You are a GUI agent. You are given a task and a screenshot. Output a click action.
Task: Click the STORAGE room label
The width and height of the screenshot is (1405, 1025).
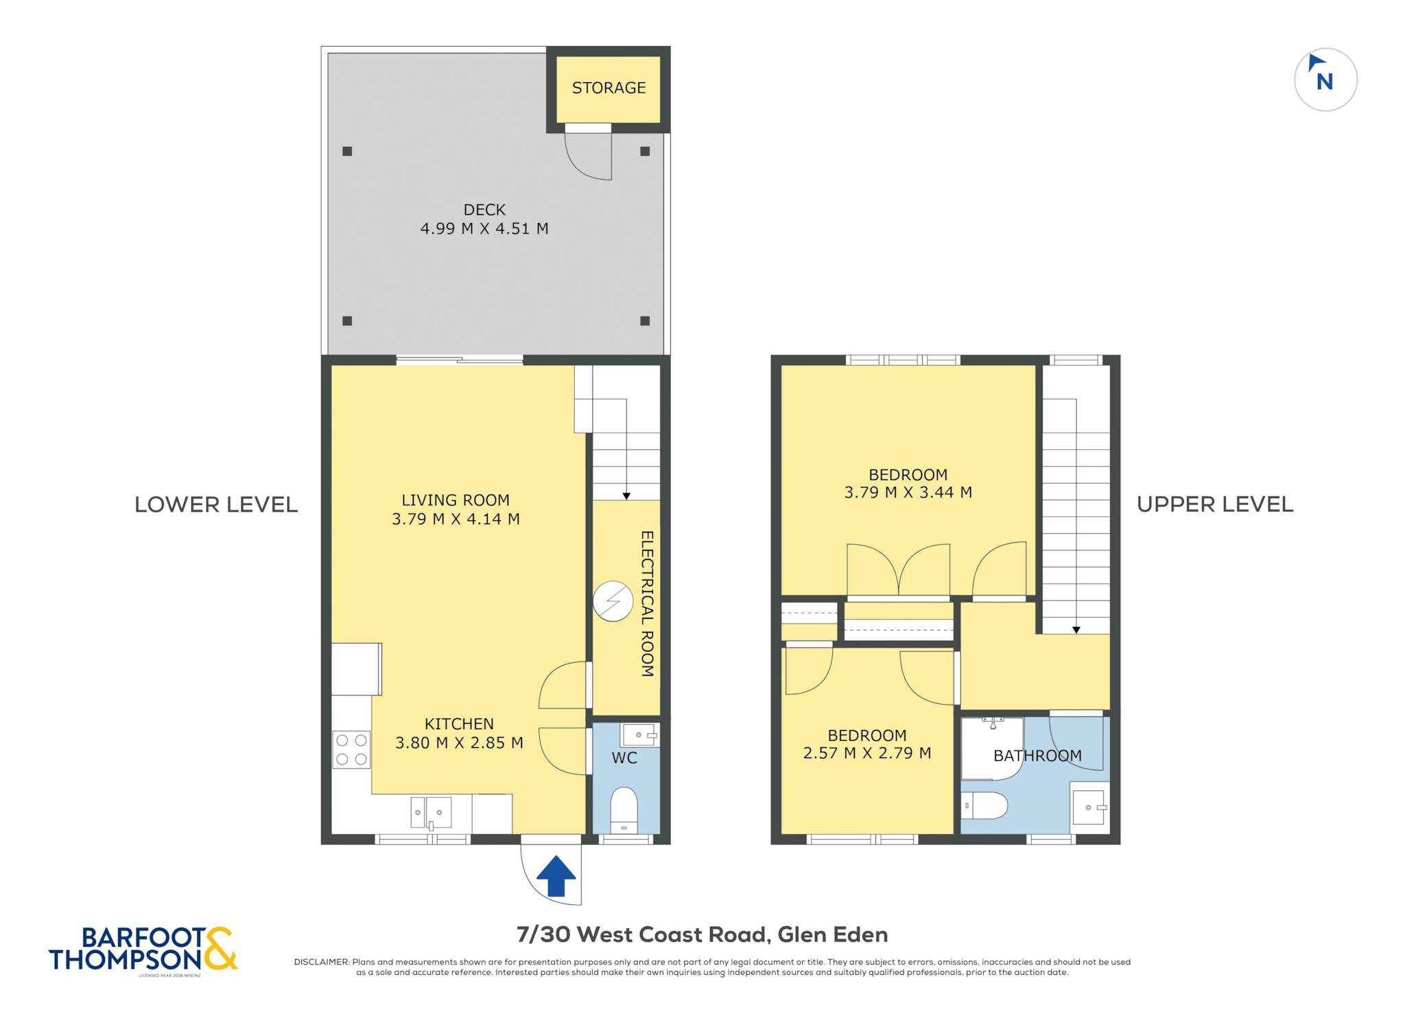pos(609,88)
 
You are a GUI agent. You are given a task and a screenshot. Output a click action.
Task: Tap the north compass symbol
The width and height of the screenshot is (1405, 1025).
pos(1325,80)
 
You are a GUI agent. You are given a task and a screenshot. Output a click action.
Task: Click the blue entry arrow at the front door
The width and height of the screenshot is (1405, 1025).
pos(556,875)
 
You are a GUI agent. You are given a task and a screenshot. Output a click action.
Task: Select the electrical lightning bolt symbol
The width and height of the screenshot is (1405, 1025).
pos(613,602)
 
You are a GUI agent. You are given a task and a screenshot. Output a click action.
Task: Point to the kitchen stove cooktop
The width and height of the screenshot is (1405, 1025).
pos(351,749)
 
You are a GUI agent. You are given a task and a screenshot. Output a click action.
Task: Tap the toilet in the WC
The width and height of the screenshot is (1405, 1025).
pos(624,810)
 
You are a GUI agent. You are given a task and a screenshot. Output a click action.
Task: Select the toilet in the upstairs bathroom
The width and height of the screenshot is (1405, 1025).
pos(984,805)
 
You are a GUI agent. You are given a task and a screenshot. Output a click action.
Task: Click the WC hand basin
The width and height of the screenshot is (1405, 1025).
pos(639,735)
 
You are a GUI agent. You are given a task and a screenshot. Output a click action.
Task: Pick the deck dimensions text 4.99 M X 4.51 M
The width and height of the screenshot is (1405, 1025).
pos(484,228)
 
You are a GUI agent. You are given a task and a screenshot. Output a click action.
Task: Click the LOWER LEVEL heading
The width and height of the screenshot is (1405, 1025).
pos(216,505)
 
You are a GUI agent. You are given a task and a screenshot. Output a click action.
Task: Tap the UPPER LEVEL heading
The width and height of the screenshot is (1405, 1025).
pos(1215,504)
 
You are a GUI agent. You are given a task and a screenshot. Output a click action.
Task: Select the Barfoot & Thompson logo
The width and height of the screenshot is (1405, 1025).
pos(143,950)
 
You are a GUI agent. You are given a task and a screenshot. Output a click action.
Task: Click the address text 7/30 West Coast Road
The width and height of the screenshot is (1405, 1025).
pos(641,934)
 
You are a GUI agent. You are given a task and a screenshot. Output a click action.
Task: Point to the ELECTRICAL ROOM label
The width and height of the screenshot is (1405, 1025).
pos(647,604)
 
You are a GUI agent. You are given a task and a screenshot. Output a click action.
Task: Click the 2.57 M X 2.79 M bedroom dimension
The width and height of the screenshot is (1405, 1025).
pos(867,753)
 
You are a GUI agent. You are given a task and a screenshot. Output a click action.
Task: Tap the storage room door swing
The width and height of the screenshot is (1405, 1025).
pos(588,156)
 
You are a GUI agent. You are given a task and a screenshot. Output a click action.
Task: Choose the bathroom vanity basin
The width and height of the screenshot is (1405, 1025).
pos(1089,808)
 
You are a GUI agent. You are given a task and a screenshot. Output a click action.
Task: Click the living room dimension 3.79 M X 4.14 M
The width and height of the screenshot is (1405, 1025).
pos(456,519)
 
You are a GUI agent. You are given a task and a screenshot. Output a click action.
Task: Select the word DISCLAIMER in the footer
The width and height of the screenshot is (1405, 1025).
pos(322,962)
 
